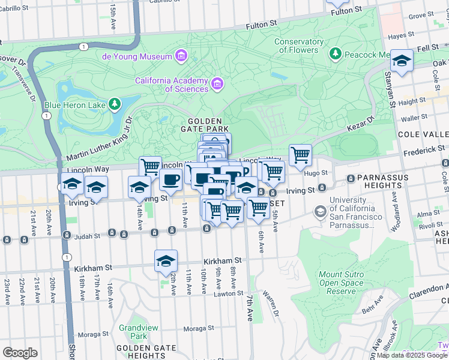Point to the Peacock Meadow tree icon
point(336,55)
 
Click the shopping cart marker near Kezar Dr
point(300,155)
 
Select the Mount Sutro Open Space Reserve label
point(341,283)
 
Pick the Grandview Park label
point(133,332)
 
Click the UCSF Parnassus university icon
point(321,212)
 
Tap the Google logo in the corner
point(20,352)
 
